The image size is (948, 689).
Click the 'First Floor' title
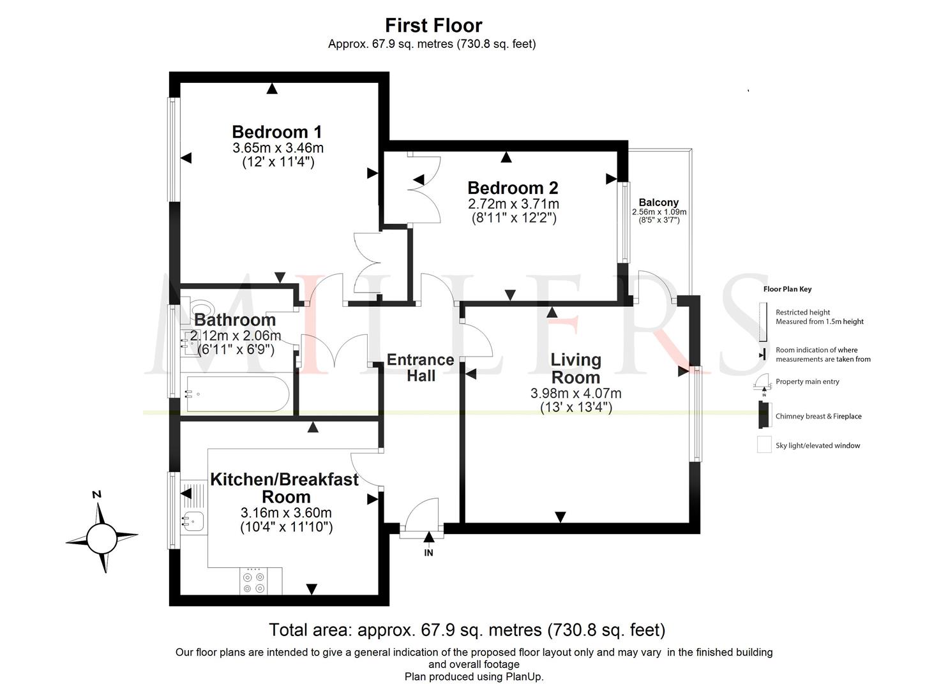tap(433, 26)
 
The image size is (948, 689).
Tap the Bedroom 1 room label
tap(277, 132)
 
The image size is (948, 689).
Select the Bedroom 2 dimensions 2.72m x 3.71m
tap(513, 204)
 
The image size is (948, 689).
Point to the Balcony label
tap(659, 202)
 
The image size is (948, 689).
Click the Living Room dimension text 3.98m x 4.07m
tap(576, 393)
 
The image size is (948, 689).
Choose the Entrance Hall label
tap(420, 367)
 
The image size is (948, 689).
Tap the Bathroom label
tap(235, 320)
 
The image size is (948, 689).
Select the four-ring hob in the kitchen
tap(253, 582)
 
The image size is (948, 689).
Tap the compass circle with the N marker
tap(102, 538)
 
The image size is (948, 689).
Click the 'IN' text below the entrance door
tap(429, 553)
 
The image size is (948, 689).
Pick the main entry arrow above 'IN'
tap(429, 537)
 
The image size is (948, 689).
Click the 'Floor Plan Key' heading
tap(787, 289)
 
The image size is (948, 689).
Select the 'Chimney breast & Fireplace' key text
tap(818, 416)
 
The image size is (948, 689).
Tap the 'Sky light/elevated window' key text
tap(818, 445)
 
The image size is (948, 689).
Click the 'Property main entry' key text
tap(807, 382)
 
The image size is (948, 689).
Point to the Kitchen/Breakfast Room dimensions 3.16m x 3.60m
tap(286, 513)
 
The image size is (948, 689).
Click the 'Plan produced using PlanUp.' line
tap(474, 676)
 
